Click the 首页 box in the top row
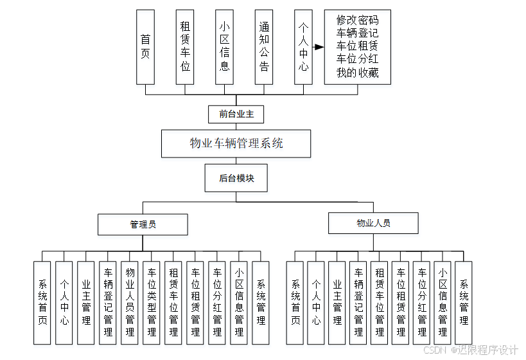point(145,47)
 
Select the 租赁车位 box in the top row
point(185,47)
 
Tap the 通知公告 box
point(264,47)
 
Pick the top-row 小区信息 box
point(224,47)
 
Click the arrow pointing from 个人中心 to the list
point(319,47)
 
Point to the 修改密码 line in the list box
point(357,21)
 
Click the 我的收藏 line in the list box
point(357,73)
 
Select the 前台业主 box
point(236,114)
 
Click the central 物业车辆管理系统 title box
point(236,143)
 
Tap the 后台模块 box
point(236,178)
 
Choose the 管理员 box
point(143,224)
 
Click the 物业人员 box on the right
point(373,223)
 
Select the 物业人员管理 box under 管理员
point(130,302)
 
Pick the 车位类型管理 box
point(152,302)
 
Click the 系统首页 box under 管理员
point(42,302)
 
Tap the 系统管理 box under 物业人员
point(464,302)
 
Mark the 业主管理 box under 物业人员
point(337,302)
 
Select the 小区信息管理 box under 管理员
point(239,302)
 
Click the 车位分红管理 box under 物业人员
point(421,302)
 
